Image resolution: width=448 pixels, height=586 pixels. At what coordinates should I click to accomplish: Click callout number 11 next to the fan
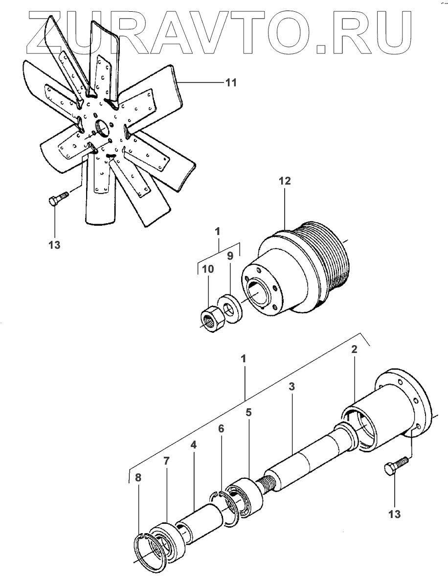(x=230, y=83)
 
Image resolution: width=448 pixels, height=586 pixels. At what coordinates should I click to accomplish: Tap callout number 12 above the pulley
(x=285, y=181)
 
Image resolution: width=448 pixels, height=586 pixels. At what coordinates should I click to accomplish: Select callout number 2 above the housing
(x=354, y=350)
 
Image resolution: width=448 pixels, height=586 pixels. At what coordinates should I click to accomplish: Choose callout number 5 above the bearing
(x=248, y=413)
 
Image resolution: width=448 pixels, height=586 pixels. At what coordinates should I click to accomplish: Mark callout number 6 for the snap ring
(x=221, y=428)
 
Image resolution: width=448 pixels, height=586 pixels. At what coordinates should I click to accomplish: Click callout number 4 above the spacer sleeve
(x=194, y=445)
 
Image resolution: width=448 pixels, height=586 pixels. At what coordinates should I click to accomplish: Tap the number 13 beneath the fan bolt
(x=55, y=245)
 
